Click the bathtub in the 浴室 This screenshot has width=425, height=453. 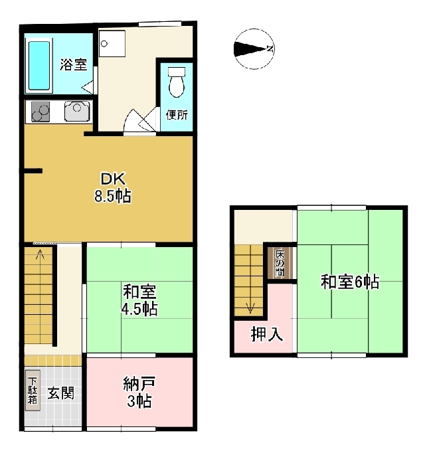click(39, 66)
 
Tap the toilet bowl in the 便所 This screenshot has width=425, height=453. click(177, 82)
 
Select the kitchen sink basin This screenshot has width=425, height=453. click(77, 111)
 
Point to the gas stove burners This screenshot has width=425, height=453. click(41, 112)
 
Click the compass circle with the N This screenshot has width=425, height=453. click(254, 49)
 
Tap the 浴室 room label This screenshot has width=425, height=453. click(74, 64)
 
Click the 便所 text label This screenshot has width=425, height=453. click(177, 115)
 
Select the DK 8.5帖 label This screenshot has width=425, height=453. click(113, 187)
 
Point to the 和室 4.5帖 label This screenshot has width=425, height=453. click(139, 300)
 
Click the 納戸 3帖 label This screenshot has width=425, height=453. click(139, 392)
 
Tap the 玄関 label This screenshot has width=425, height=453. click(60, 393)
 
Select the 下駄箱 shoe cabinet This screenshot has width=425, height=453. click(33, 391)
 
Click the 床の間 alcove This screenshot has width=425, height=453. click(280, 263)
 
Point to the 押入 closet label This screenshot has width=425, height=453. click(267, 335)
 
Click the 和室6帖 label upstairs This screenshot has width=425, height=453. click(350, 282)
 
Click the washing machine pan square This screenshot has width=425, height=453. click(112, 44)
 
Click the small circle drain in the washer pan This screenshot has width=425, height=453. click(104, 44)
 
